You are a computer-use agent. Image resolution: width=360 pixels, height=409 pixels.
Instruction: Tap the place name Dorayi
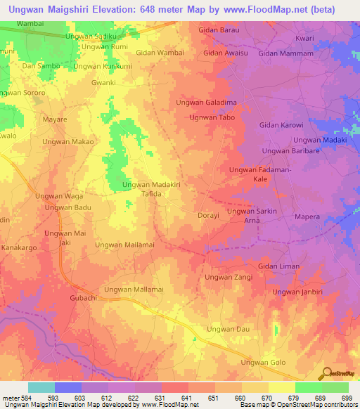tap(210, 216)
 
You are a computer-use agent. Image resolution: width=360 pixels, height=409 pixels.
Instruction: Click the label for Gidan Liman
tap(278, 266)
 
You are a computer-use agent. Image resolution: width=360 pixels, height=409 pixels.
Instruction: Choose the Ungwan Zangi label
tap(228, 278)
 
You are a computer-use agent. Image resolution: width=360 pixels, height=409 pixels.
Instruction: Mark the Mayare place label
tap(55, 120)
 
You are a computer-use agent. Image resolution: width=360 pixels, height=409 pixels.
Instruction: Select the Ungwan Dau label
tap(228, 329)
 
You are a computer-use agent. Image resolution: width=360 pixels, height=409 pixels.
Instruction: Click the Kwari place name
tap(304, 37)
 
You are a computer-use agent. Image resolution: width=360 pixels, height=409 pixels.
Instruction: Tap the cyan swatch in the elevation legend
tap(41, 387)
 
